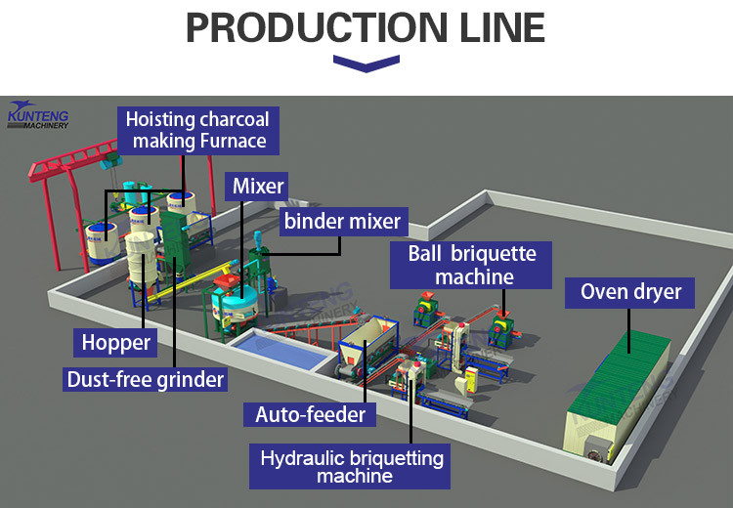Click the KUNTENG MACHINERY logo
point(37,114)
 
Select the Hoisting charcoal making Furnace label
point(198,131)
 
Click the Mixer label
point(258,186)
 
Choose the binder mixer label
point(342,221)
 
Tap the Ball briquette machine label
point(474,265)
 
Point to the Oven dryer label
point(624,292)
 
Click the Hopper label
point(115,343)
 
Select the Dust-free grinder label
point(146,378)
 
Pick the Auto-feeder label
point(310,414)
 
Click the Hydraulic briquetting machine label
point(353,467)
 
